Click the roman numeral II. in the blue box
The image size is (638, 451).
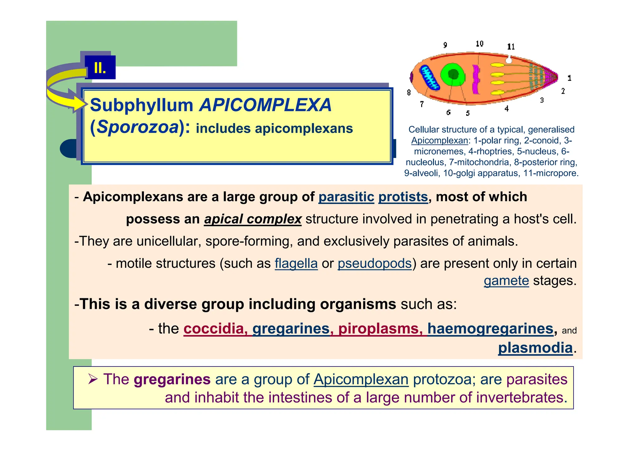100,68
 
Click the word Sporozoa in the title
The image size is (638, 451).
137,127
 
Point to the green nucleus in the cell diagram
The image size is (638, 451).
453,75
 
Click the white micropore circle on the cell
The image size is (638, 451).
508,60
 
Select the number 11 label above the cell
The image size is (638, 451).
511,47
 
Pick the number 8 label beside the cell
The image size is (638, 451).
409,92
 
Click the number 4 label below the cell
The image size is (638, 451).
507,108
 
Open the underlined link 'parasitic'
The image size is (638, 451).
346,197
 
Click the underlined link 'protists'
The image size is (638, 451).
403,197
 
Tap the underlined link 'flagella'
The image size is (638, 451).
296,264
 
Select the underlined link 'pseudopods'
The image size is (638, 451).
374,264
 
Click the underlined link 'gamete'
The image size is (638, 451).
506,281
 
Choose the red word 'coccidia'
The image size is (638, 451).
214,329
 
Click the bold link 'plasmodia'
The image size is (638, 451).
535,348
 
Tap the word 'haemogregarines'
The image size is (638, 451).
490,329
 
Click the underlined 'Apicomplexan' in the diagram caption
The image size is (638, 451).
439,141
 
